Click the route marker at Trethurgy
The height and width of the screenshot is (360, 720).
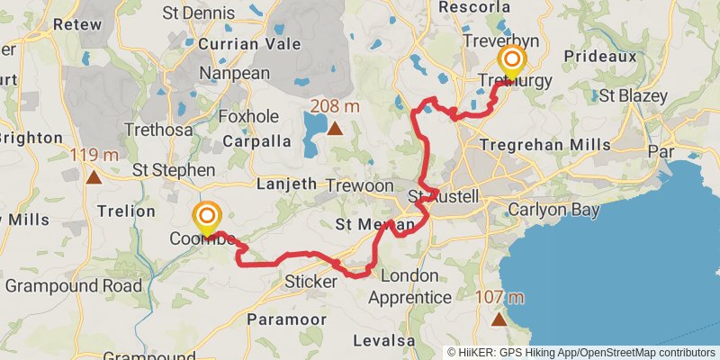pyautogui.click(x=512, y=62)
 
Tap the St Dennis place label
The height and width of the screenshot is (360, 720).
pyautogui.click(x=198, y=13)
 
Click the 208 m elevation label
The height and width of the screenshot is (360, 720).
pyautogui.click(x=335, y=106)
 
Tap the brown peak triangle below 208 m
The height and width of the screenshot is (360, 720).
pyautogui.click(x=335, y=129)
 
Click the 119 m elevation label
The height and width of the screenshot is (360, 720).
pyautogui.click(x=94, y=155)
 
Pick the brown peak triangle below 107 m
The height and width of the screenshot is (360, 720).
pyautogui.click(x=499, y=319)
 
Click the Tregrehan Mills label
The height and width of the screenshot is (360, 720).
pyautogui.click(x=545, y=145)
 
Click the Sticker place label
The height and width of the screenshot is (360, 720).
pyautogui.click(x=310, y=282)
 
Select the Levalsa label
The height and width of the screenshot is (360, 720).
pyautogui.click(x=384, y=340)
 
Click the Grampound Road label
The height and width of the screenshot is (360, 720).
pyautogui.click(x=73, y=286)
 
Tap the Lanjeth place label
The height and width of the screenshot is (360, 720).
pyautogui.click(x=287, y=184)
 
